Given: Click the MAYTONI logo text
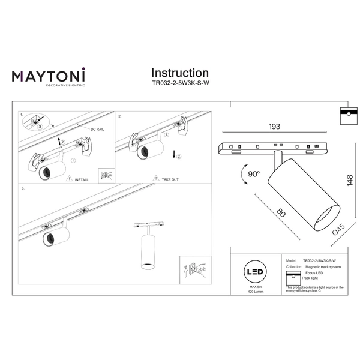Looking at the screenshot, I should tap(49, 76).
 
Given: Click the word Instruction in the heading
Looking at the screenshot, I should tap(179, 73).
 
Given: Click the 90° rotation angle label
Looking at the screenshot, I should tap(254, 174).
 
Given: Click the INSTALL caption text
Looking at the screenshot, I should tap(82, 179).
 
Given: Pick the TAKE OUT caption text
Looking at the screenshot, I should tap(166, 179).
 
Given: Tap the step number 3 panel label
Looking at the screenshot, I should tap(22, 188).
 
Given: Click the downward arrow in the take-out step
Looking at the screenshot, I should tap(173, 155).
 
